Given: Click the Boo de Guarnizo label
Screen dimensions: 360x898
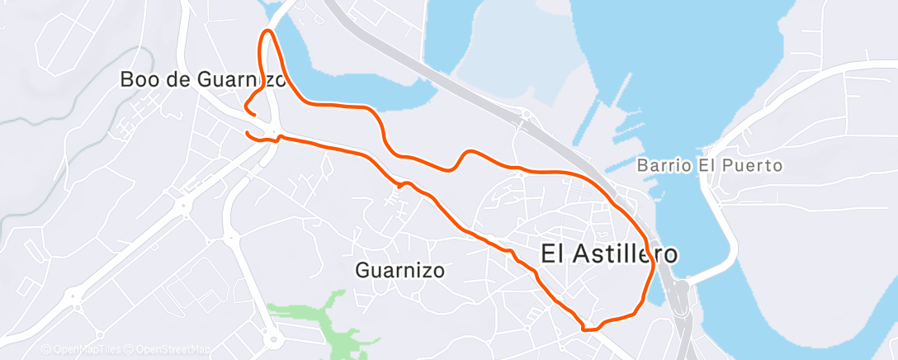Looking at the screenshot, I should (203, 80).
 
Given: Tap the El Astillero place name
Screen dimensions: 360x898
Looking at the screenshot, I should (609, 253).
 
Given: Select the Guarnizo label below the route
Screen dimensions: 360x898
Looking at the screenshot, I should (400, 270).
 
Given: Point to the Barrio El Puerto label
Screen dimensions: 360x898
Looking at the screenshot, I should (709, 166).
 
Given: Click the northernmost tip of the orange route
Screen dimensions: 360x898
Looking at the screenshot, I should (267, 31).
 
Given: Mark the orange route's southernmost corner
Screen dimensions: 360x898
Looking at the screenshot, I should (586, 328).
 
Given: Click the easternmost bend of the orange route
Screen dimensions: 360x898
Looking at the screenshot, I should (654, 263).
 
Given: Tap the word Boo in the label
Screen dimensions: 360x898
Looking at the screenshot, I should (137, 80).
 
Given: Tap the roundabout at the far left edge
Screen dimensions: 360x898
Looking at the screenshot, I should (75, 294).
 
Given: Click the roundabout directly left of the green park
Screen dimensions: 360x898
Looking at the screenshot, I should (271, 337).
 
